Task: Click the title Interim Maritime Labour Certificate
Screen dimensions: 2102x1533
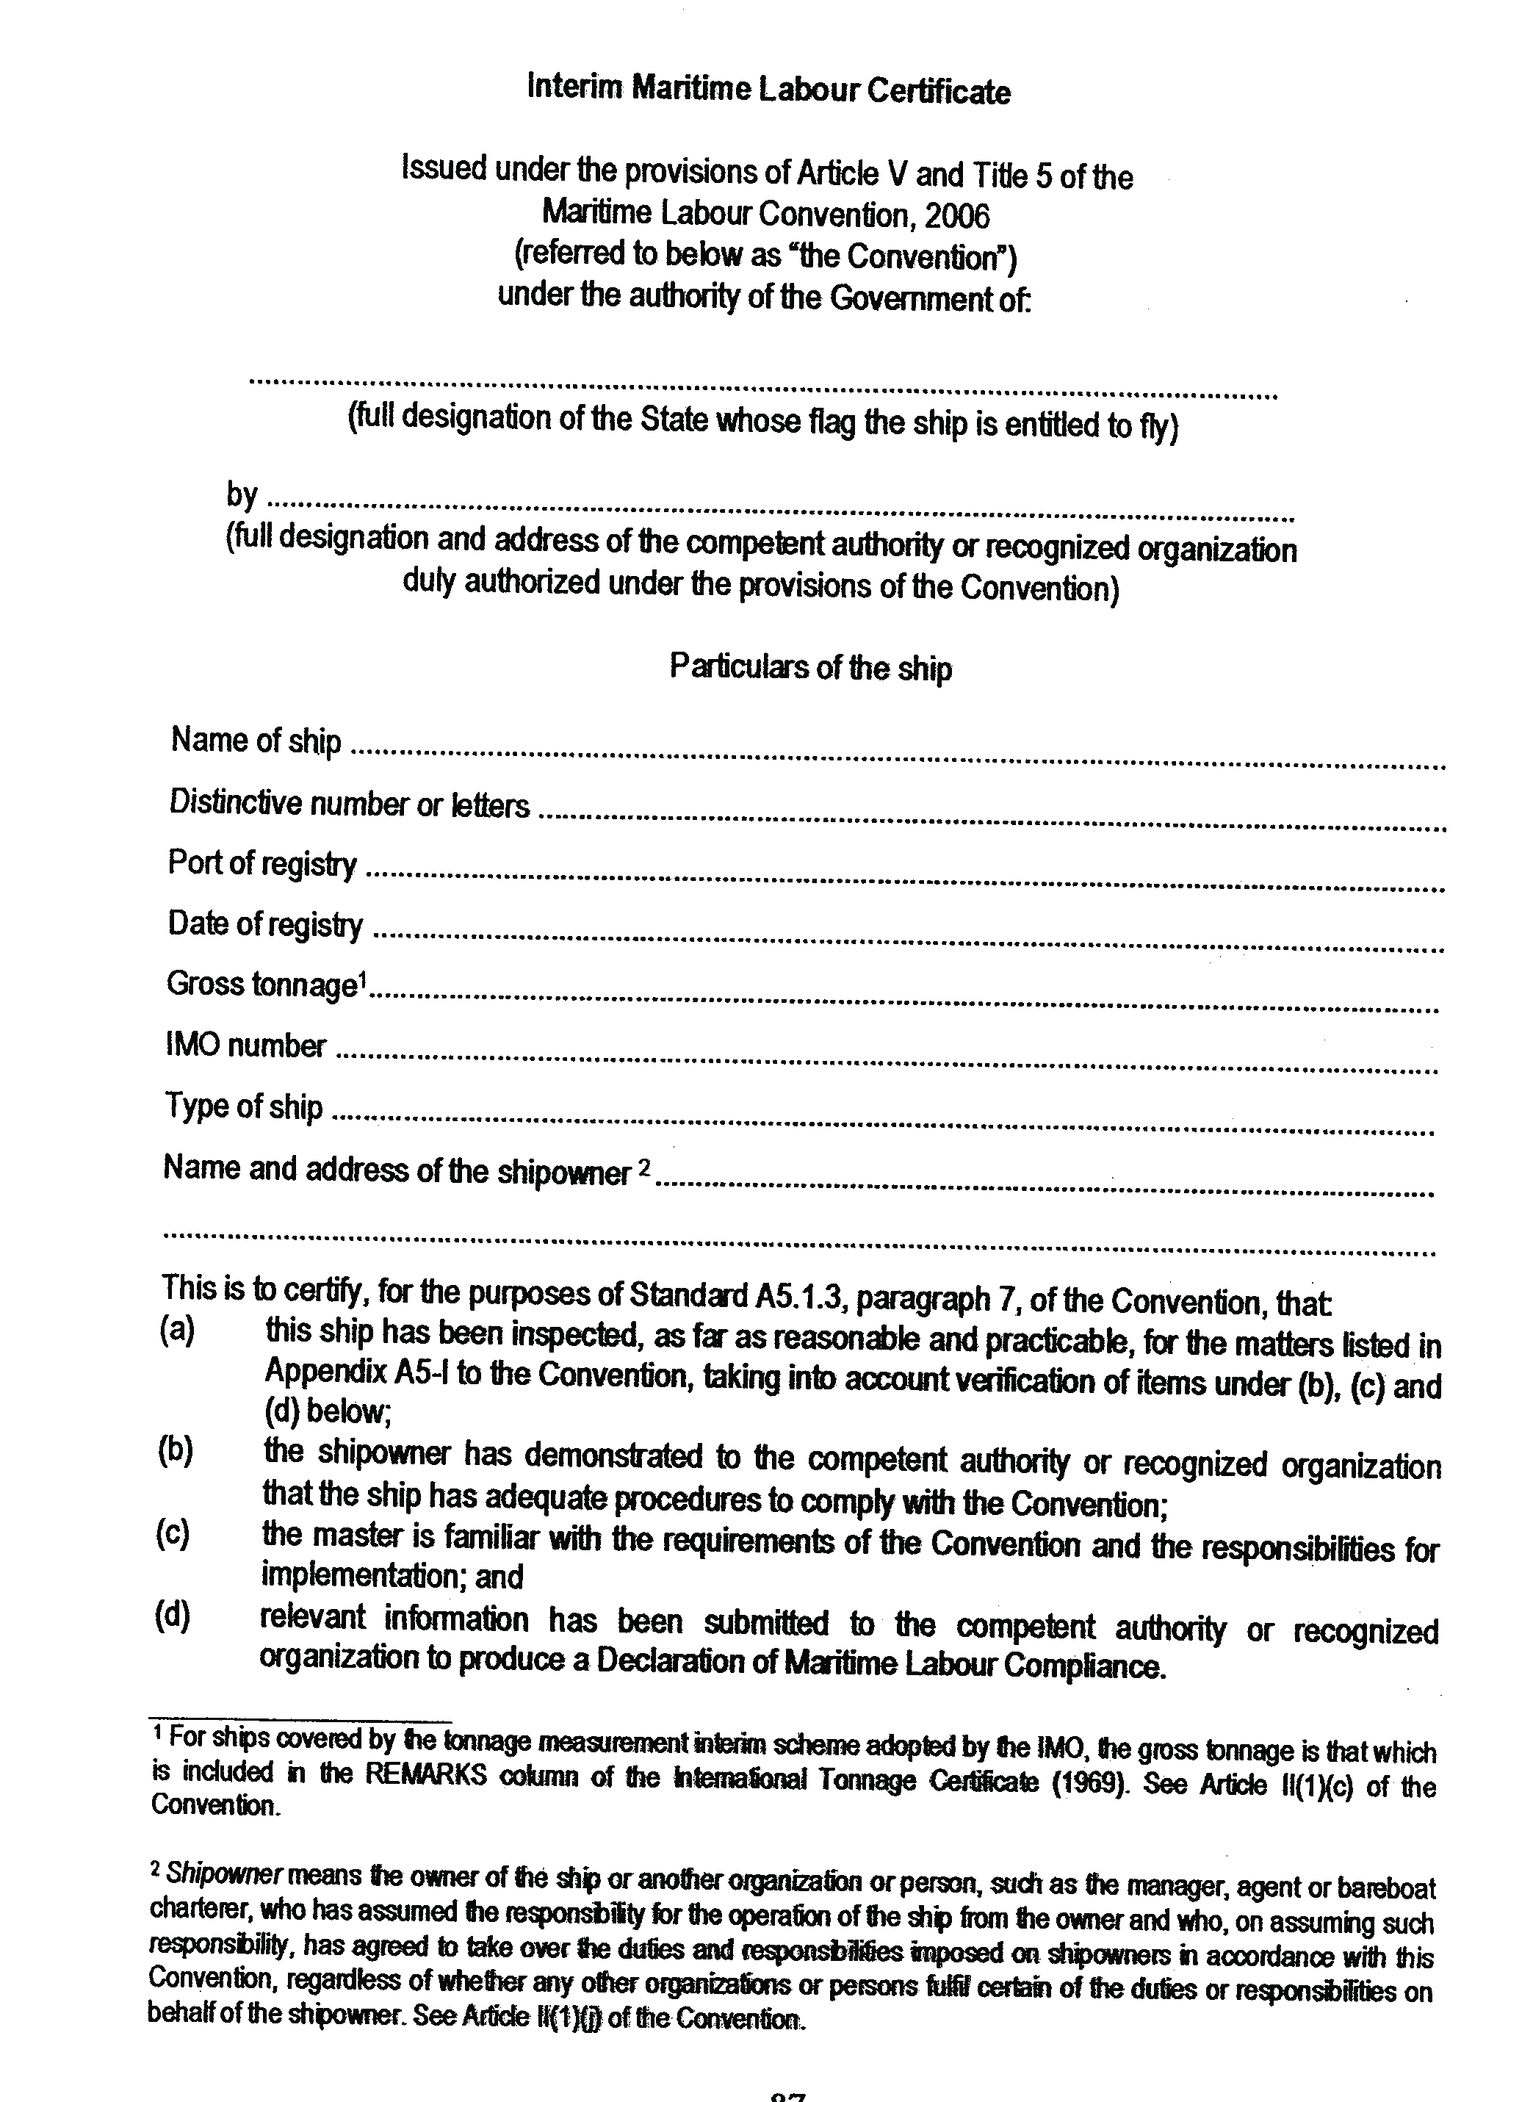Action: coord(768,90)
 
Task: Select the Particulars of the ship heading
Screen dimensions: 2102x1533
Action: coord(810,668)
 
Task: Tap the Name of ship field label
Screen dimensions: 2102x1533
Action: coord(256,741)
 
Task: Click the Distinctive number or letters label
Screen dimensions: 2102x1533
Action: coord(349,804)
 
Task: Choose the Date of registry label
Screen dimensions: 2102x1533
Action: coord(265,924)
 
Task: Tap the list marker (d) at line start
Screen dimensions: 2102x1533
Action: coord(173,1616)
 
